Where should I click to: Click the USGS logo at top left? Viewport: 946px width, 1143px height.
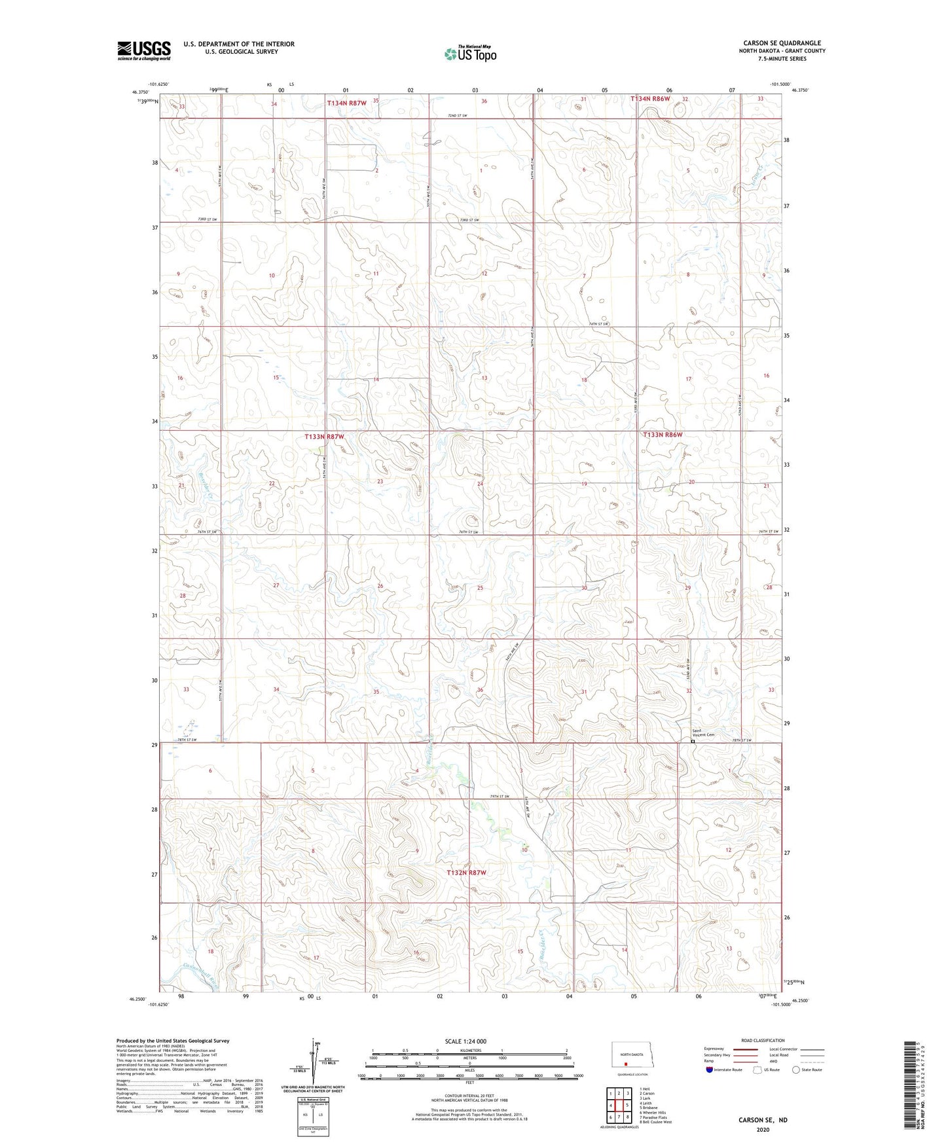click(x=144, y=50)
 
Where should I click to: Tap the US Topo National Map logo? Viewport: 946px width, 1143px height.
click(x=470, y=54)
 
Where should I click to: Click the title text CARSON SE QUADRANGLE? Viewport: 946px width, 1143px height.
click(x=782, y=43)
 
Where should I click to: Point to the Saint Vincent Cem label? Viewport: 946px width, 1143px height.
click(x=703, y=733)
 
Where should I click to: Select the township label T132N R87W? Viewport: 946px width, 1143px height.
click(x=466, y=873)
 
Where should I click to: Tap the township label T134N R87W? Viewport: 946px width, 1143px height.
click(x=346, y=103)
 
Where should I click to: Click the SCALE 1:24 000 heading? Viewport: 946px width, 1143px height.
click(x=465, y=1041)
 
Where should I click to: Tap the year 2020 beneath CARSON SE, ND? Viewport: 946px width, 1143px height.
click(x=763, y=1130)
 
